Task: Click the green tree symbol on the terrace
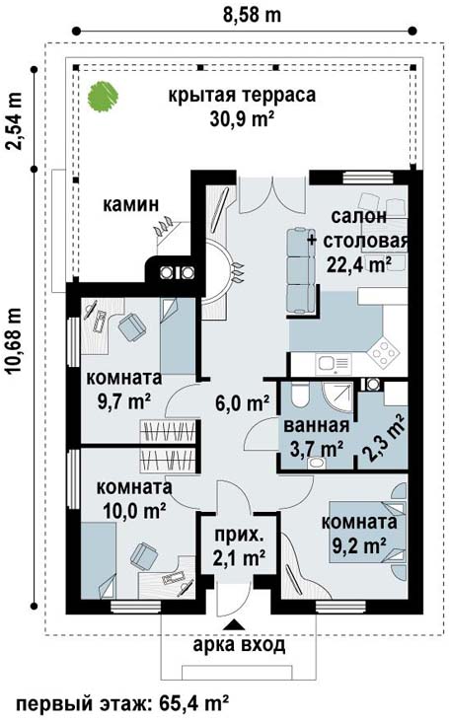[104, 96]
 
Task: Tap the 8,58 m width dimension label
[252, 14]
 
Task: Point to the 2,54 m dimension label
[14, 120]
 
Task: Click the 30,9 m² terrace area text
[243, 119]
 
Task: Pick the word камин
[130, 204]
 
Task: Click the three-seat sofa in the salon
[301, 271]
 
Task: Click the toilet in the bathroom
[299, 395]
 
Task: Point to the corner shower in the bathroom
[337, 398]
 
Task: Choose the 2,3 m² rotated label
[385, 438]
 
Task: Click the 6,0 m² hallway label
[243, 403]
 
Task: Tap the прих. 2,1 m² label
[239, 546]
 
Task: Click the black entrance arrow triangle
[235, 624]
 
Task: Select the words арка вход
[239, 645]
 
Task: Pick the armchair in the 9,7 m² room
[132, 326]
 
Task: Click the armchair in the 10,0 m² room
[144, 556]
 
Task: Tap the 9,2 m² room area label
[359, 546]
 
